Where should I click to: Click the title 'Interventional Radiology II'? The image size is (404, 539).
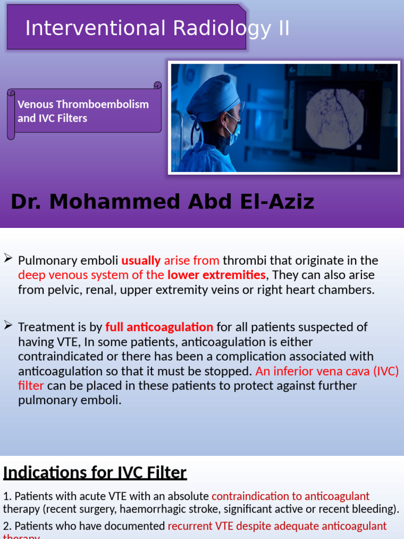tap(157, 28)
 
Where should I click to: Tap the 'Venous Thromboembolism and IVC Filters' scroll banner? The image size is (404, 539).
tap(83, 111)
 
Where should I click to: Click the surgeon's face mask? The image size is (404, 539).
tap(233, 132)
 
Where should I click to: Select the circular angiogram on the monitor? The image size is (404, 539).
tap(335, 118)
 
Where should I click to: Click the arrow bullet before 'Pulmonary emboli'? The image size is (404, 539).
tap(8, 258)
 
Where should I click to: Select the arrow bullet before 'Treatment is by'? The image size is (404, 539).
tap(8, 325)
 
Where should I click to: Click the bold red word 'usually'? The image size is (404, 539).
tap(141, 261)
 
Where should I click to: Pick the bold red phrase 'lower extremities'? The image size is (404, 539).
tap(216, 275)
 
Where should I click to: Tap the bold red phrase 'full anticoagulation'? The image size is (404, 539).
tap(159, 327)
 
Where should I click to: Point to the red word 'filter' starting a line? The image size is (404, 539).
tap(31, 385)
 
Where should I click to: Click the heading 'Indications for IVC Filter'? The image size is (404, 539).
tap(95, 473)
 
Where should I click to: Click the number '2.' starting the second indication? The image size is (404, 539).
tap(7, 526)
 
